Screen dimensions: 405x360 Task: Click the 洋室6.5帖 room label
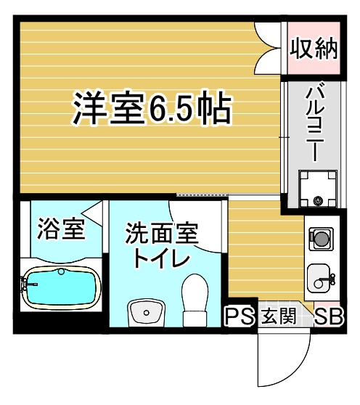coord(152,110)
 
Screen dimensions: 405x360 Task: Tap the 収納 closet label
coord(314,49)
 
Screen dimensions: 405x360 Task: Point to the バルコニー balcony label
coord(314,123)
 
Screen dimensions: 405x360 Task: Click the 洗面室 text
coord(161,234)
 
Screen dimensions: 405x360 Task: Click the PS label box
coord(239,316)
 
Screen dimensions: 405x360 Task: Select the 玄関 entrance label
coord(277,316)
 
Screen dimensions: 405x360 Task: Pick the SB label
coord(329,316)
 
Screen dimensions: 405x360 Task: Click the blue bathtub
coord(60,287)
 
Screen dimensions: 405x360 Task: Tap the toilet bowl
coord(195,298)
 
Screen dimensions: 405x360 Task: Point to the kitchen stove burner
coord(320,237)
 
